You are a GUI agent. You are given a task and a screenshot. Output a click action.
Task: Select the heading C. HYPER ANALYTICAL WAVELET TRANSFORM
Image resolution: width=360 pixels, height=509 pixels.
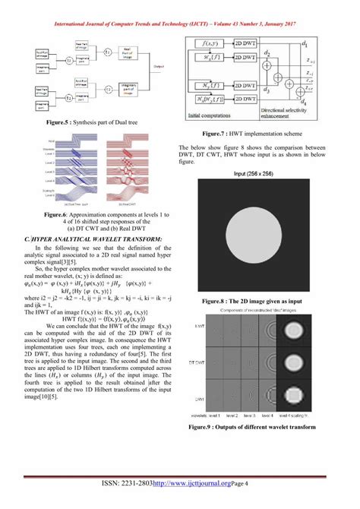click(93, 239)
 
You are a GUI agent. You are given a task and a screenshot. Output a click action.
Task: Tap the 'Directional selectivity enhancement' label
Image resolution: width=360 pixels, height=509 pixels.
click(284, 115)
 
